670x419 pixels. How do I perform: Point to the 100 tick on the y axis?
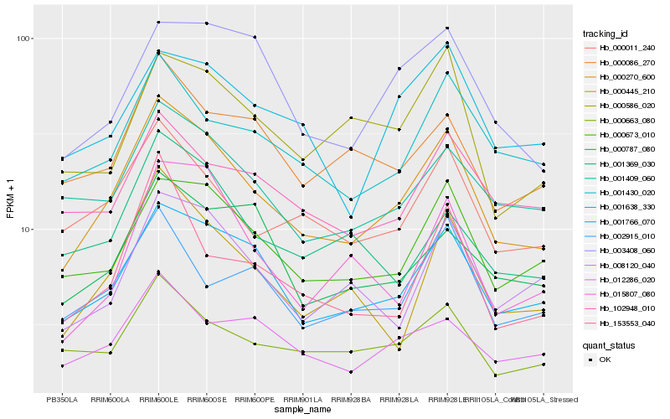point(23,39)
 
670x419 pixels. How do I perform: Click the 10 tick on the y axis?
point(25,229)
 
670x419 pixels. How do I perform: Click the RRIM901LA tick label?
point(303,400)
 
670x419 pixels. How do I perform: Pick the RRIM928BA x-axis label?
point(351,400)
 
